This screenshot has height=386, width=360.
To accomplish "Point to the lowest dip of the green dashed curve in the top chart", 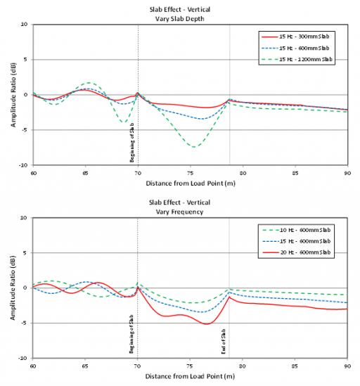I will [194, 147].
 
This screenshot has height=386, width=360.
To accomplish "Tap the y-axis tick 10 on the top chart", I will [24, 25].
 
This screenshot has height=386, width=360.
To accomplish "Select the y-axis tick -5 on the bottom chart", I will [24, 323].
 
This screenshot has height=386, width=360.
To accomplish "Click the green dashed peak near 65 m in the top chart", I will [86, 83].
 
